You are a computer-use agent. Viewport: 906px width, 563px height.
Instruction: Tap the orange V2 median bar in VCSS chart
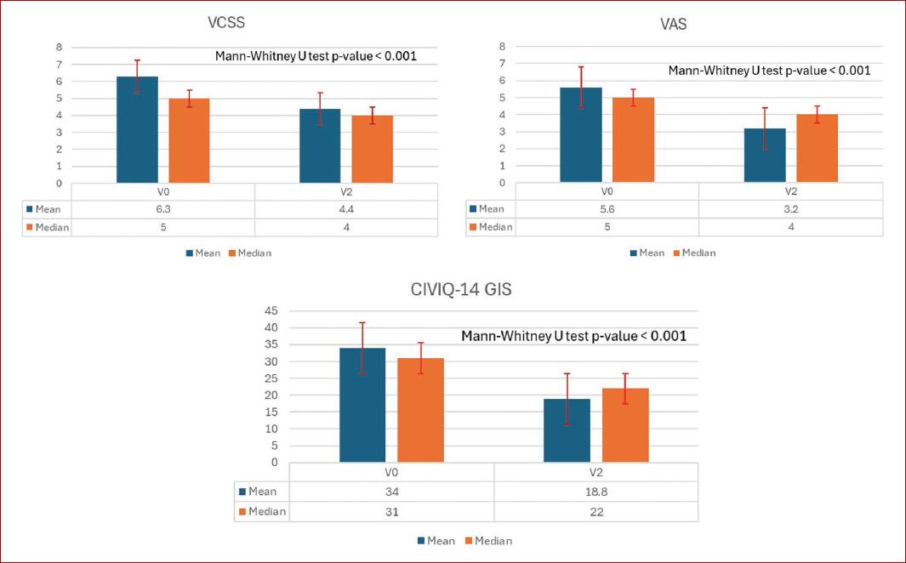click(372, 150)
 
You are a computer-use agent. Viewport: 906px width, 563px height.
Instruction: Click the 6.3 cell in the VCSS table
click(162, 208)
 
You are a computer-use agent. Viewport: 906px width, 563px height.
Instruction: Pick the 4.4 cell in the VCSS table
click(346, 208)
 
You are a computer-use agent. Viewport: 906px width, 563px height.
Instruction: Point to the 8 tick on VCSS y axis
click(59, 47)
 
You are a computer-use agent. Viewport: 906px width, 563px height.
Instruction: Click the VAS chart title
click(674, 25)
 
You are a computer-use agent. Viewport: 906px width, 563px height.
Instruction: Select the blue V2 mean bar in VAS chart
click(765, 156)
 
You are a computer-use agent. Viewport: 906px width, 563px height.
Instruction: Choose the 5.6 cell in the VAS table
click(607, 208)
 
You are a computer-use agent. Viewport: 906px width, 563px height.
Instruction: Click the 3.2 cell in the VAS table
click(790, 208)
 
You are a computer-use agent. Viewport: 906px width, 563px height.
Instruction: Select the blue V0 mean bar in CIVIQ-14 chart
click(362, 406)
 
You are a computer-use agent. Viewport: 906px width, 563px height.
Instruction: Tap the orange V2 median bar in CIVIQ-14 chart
click(624, 425)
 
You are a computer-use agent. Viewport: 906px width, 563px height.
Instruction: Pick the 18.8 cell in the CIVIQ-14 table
click(595, 492)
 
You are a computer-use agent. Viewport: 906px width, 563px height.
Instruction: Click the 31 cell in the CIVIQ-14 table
click(391, 512)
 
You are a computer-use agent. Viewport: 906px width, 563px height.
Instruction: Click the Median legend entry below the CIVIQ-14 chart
click(487, 541)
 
